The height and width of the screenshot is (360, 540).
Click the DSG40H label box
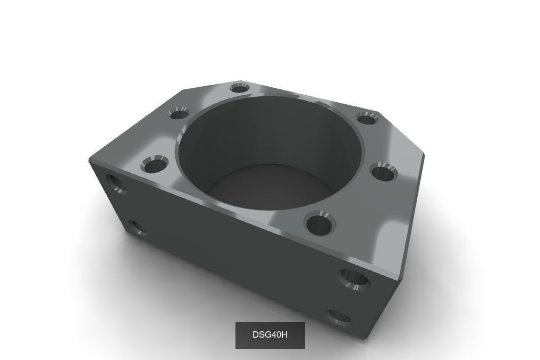tap(270, 335)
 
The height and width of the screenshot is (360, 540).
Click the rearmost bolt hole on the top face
tap(240, 87)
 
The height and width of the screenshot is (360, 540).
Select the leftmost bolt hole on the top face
tap(155, 166)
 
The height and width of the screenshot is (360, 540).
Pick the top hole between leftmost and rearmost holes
tap(179, 113)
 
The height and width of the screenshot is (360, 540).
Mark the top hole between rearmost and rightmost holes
tap(366, 118)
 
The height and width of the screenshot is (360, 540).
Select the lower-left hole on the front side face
tap(137, 228)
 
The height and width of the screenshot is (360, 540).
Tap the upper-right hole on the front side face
tap(353, 279)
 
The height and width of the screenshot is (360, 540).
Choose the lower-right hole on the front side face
tap(339, 317)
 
